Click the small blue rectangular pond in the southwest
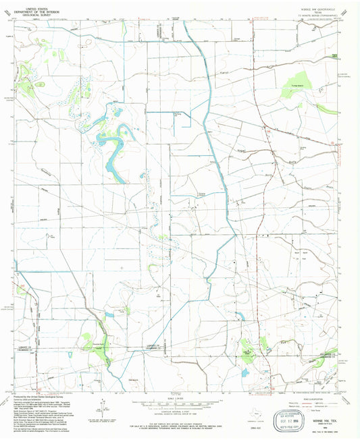click(109, 315)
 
